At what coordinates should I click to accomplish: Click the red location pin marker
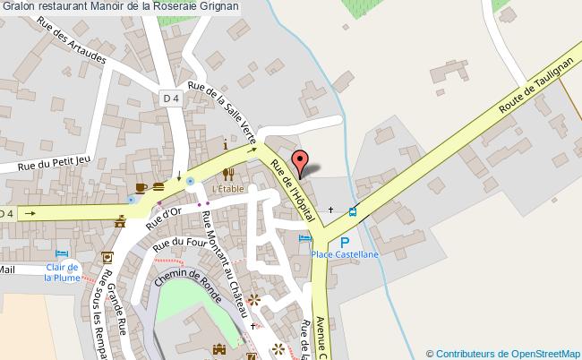click(x=301, y=163)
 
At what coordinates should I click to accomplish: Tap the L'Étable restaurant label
click(x=227, y=189)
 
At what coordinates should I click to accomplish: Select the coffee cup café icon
click(x=141, y=186)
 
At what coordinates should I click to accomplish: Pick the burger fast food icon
click(x=158, y=186)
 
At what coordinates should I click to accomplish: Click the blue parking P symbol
click(x=345, y=242)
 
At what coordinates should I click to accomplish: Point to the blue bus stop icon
click(x=353, y=212)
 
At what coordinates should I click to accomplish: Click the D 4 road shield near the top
click(x=172, y=98)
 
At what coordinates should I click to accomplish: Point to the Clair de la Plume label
click(x=63, y=271)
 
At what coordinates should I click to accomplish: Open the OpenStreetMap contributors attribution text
click(x=503, y=353)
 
